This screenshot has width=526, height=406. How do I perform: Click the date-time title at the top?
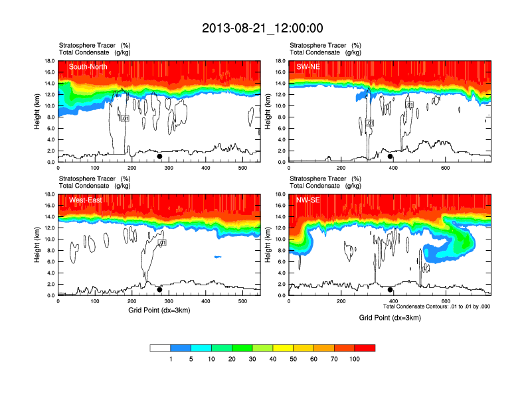tap(262, 28)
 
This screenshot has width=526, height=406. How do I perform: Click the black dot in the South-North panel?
tap(159, 157)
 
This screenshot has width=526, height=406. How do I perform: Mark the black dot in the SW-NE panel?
tap(391, 157)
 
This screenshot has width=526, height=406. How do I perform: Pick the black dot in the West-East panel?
tap(159, 290)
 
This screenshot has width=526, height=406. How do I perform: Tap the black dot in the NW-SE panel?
tap(391, 290)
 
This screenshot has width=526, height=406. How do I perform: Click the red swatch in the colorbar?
tap(365, 348)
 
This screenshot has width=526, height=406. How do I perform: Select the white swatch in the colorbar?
tap(160, 348)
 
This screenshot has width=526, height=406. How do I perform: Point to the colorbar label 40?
tap(273, 359)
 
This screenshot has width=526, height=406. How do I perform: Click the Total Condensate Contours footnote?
tap(436, 306)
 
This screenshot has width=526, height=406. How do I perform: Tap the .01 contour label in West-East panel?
tap(161, 243)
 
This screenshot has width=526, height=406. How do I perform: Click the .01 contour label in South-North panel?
tap(124, 118)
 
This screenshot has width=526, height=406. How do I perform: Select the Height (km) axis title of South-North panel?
tap(38, 111)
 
